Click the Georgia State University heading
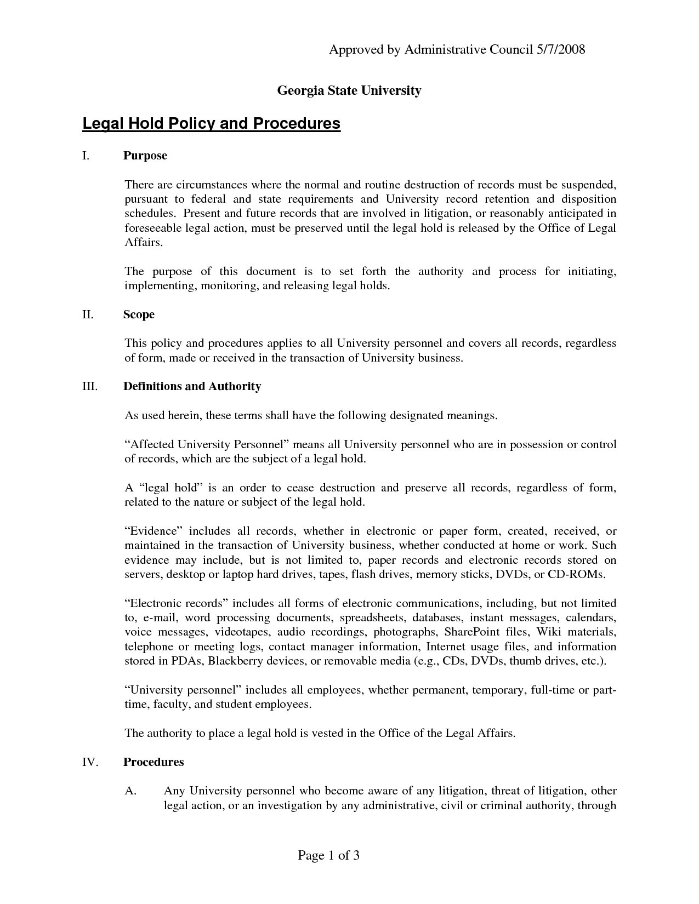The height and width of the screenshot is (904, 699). point(349,90)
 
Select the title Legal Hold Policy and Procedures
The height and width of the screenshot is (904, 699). point(211,124)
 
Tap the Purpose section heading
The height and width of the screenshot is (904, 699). point(145,156)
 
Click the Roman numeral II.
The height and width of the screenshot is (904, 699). point(88,315)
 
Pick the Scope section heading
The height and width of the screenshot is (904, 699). point(139,315)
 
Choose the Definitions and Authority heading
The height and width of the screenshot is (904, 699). point(192,387)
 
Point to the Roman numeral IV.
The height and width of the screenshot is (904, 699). point(89,763)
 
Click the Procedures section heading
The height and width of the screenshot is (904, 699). point(154,763)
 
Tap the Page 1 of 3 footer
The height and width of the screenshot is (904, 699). point(328,855)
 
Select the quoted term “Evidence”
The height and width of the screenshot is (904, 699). point(153,531)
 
